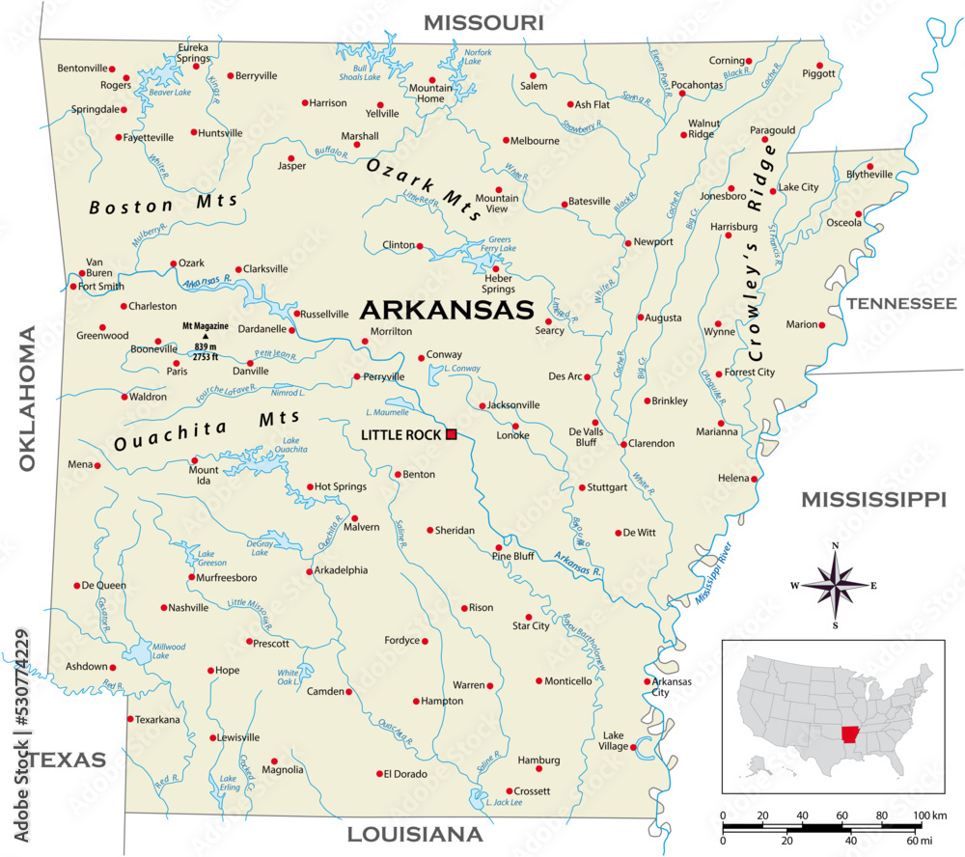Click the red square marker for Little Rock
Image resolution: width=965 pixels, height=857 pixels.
pyautogui.click(x=451, y=435)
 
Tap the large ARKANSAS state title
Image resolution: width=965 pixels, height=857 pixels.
pyautogui.click(x=446, y=310)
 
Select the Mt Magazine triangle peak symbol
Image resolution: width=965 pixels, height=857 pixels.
pyautogui.click(x=205, y=336)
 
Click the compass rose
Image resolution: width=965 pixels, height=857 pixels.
pyautogui.click(x=835, y=585)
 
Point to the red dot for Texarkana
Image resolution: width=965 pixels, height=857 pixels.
pyautogui.click(x=130, y=719)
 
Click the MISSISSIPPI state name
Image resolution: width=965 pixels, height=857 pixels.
pyautogui.click(x=873, y=499)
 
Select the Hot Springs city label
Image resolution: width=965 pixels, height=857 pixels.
pyautogui.click(x=342, y=486)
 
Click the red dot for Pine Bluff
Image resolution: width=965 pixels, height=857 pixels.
pyautogui.click(x=499, y=547)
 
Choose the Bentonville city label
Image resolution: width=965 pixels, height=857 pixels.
pyautogui.click(x=82, y=69)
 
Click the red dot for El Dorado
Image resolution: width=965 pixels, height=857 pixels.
pyautogui.click(x=379, y=774)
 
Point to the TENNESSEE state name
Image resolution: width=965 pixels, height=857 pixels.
pyautogui.click(x=901, y=303)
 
